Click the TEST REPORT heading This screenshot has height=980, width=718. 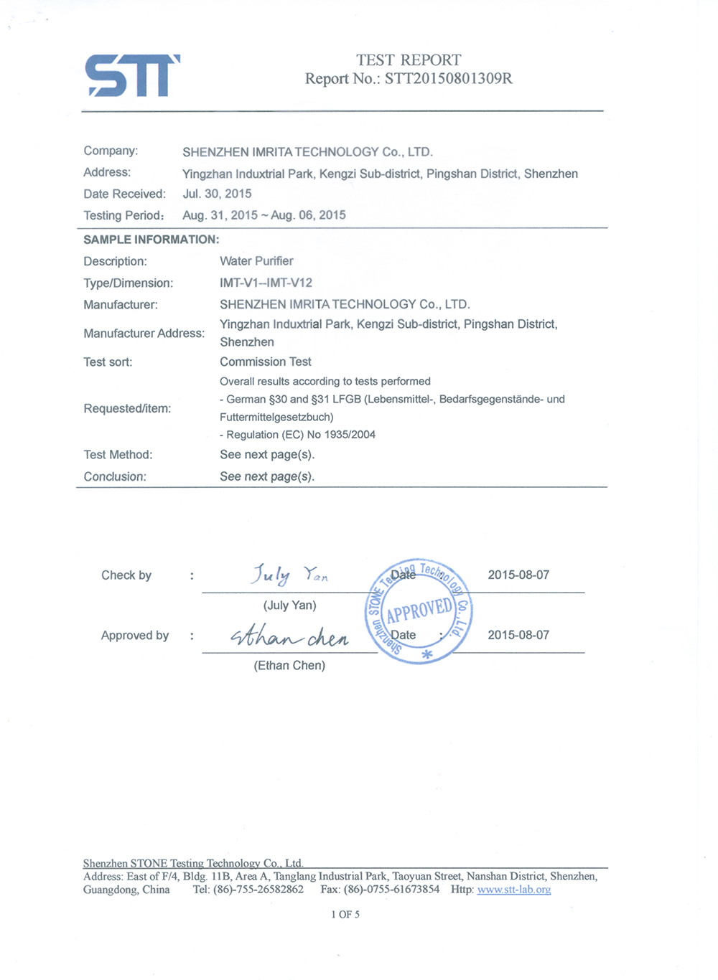pyautogui.click(x=409, y=60)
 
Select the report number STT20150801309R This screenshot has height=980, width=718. pyautogui.click(x=448, y=79)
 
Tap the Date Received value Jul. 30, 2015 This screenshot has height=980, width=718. pyautogui.click(x=217, y=194)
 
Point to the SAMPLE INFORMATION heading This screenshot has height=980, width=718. pyautogui.click(x=151, y=240)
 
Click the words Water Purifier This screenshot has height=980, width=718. pyautogui.click(x=256, y=261)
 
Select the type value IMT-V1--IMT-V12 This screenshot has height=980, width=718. pyautogui.click(x=266, y=283)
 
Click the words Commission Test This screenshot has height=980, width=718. pyautogui.click(x=265, y=362)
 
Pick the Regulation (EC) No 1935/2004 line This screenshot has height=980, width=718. pyautogui.click(x=298, y=435)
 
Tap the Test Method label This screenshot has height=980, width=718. pyautogui.click(x=118, y=455)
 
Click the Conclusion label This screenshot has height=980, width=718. pyautogui.click(x=115, y=476)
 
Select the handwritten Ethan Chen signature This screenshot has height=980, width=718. pyautogui.click(x=289, y=636)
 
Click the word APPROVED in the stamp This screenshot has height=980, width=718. pyautogui.click(x=419, y=611)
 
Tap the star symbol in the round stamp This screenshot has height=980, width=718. pyautogui.click(x=426, y=654)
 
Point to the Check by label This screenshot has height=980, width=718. pyautogui.click(x=126, y=575)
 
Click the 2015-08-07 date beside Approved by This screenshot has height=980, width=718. pyautogui.click(x=518, y=635)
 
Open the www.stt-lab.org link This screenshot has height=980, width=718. pyautogui.click(x=514, y=890)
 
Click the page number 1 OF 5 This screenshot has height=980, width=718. pyautogui.click(x=345, y=915)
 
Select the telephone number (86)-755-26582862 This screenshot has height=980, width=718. pyautogui.click(x=258, y=890)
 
